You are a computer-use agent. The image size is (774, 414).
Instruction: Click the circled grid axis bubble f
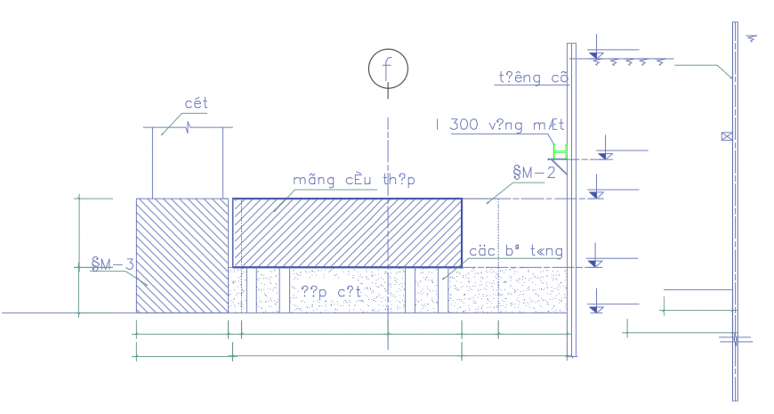[x=388, y=68]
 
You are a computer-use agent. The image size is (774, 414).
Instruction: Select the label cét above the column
[x=196, y=103]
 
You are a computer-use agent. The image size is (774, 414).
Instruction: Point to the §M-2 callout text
[x=534, y=171]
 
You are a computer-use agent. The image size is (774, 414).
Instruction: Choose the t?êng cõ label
[x=533, y=77]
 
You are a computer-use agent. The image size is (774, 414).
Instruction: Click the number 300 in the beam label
[x=465, y=126]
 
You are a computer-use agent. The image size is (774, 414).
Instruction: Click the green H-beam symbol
[x=560, y=151]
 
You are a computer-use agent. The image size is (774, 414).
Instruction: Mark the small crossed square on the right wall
[x=728, y=136]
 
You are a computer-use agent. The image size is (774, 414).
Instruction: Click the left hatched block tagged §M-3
[x=181, y=255]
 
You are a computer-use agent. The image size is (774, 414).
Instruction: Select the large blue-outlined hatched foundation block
[x=347, y=232]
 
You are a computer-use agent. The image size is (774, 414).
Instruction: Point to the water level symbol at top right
[x=752, y=38]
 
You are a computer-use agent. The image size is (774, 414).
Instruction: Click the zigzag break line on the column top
[x=188, y=128]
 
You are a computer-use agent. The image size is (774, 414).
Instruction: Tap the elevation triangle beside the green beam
[x=605, y=156]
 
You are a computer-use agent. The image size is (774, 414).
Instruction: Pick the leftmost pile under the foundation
[x=252, y=290]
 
